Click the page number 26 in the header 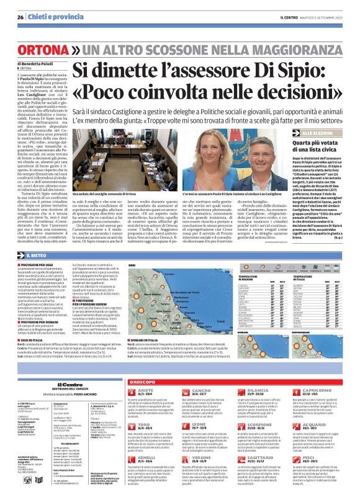tap(20, 17)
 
